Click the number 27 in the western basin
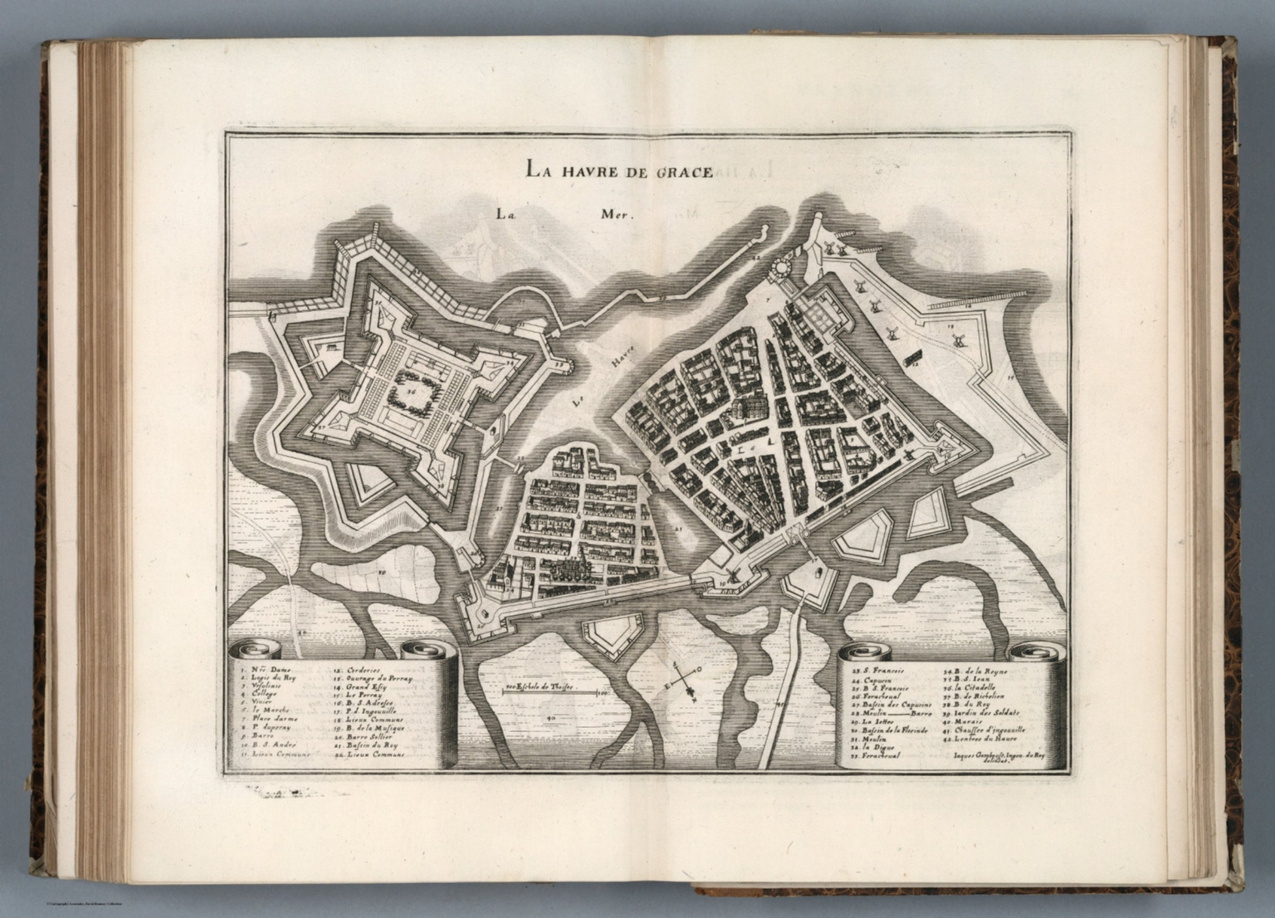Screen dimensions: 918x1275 coord(500,509)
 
